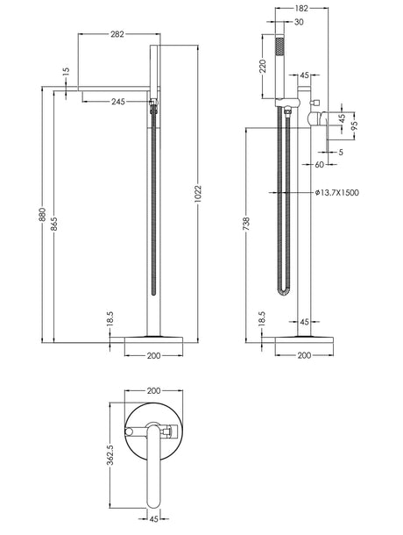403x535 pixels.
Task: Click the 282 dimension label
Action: pos(117,34)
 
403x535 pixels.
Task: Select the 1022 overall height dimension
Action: pos(198,194)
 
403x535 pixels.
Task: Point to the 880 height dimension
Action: pos(42,214)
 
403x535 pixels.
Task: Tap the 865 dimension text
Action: pos(54,224)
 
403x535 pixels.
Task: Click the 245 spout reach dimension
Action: pos(118,102)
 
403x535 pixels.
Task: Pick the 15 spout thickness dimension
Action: pos(66,71)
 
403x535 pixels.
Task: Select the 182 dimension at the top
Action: pos(301,9)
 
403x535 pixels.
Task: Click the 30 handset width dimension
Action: pos(299,22)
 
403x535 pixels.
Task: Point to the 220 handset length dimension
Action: pos(263,67)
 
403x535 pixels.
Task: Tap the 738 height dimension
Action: pos(246,224)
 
